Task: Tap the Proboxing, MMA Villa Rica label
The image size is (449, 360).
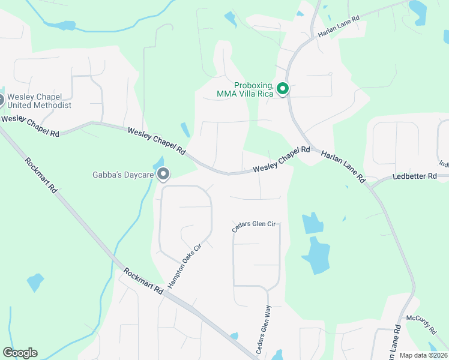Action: click(245, 90)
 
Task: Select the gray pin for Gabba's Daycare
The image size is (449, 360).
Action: click(163, 175)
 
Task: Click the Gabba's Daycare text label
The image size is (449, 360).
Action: click(124, 175)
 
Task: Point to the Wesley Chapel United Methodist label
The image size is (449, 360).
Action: click(40, 101)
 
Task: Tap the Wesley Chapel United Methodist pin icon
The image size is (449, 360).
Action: click(1, 100)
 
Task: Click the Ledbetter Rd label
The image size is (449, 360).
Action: click(419, 177)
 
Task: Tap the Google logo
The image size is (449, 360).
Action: click(20, 353)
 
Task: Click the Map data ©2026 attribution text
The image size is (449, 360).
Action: click(423, 355)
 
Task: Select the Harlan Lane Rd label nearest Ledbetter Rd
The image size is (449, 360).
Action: click(343, 166)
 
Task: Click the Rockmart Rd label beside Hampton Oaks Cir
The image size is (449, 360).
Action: click(143, 280)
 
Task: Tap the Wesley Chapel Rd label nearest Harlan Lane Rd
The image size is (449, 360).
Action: click(281, 161)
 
